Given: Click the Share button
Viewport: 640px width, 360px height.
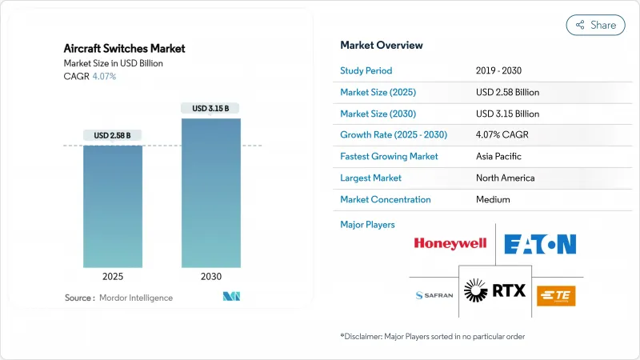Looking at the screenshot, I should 596,25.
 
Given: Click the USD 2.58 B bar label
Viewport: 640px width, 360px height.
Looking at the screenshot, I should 113,135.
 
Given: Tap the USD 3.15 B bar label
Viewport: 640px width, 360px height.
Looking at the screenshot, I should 211,108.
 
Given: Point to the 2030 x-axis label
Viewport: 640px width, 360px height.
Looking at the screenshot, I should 211,277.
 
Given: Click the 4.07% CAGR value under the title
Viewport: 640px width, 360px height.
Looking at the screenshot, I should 104,76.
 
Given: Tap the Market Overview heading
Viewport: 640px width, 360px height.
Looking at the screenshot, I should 382,45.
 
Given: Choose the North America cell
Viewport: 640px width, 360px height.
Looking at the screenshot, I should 504,178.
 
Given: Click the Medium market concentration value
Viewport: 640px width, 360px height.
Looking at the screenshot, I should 493,199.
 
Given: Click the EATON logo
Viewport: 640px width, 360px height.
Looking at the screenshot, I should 540,243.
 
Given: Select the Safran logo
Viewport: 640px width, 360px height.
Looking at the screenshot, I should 434,295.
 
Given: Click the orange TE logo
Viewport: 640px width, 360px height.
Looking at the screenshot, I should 555,295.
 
